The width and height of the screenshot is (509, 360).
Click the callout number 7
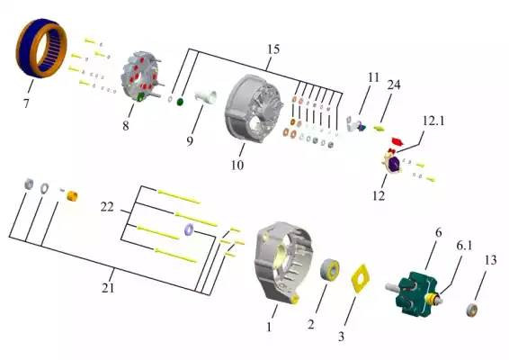pos(26,103)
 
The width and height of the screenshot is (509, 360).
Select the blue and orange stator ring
pos(41,48)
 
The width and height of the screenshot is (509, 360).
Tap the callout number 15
pos(273,49)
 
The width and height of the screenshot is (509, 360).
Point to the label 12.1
pos(433,121)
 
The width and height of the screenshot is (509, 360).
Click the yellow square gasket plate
pos(361,278)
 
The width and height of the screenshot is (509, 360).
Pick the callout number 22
pos(107,207)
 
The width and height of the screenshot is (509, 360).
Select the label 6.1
pos(464,246)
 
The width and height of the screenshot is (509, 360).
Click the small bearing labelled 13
pos(472,310)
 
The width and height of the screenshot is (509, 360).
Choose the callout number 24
pos(394,85)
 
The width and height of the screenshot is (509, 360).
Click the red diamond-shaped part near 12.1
pos(397,141)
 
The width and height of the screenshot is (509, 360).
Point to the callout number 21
pos(108,288)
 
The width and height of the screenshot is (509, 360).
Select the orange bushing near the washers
pos(72,196)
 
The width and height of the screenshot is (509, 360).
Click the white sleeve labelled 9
pos(205,97)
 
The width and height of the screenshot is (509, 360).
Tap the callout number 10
pos(237,165)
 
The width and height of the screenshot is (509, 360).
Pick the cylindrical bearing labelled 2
pos(330,269)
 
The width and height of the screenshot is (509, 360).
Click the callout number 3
pos(341,337)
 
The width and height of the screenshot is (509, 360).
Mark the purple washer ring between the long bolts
pos(189,229)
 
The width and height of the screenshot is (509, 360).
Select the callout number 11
pos(373,77)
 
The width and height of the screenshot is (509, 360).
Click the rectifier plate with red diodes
pos(140,76)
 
